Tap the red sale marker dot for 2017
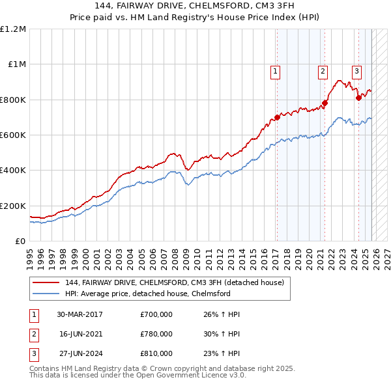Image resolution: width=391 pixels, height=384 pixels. (x=277, y=117)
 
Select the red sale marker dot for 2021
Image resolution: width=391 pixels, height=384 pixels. (x=325, y=103)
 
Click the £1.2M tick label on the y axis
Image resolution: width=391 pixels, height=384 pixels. (x=13, y=29)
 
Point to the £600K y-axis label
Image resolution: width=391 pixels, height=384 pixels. (x=13, y=135)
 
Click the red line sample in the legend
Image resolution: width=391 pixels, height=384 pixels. (x=47, y=283)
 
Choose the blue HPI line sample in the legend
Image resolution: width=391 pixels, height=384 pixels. (x=47, y=294)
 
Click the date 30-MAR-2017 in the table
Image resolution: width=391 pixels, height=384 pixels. (x=80, y=315)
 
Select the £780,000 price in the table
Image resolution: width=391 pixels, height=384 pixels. (x=156, y=335)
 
